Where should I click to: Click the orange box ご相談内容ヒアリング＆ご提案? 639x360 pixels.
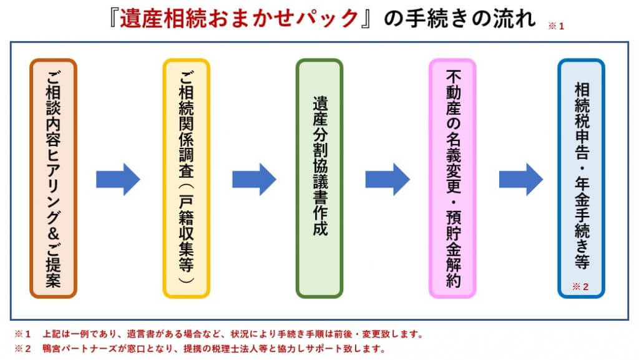(x=54, y=178)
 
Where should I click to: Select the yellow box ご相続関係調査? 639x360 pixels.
(x=186, y=178)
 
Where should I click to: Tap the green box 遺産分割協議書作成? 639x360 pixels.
(x=319, y=178)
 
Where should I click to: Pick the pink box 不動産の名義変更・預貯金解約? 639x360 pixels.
(x=452, y=178)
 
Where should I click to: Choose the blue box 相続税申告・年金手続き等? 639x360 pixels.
(x=581, y=178)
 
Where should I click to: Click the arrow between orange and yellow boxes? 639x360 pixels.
(x=118, y=179)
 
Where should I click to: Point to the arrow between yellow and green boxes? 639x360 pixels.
(x=255, y=179)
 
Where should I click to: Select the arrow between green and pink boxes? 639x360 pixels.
(x=388, y=179)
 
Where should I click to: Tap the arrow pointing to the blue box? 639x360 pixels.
(x=521, y=179)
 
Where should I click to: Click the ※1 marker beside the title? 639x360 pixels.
(x=556, y=26)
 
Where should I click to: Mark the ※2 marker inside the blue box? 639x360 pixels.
(x=580, y=287)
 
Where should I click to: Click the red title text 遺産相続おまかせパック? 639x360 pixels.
(x=239, y=19)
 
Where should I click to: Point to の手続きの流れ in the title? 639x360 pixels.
(x=460, y=19)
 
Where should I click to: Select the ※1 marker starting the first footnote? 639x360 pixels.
(x=23, y=334)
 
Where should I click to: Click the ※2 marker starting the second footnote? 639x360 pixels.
(x=23, y=349)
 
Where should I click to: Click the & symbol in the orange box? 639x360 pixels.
(x=54, y=233)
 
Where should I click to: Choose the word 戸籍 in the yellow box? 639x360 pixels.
(x=186, y=213)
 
